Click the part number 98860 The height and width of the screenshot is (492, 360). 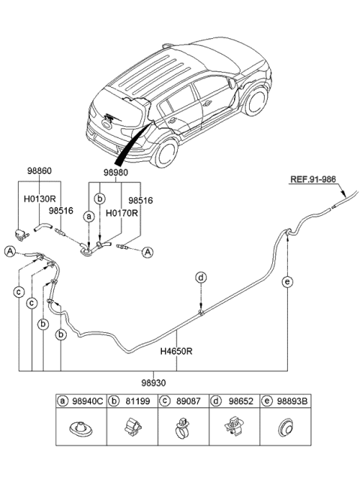(x=40, y=172)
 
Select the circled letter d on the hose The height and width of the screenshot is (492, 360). (x=201, y=277)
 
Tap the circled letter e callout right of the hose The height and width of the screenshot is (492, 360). (x=287, y=282)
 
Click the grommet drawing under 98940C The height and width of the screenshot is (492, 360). (x=78, y=431)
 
